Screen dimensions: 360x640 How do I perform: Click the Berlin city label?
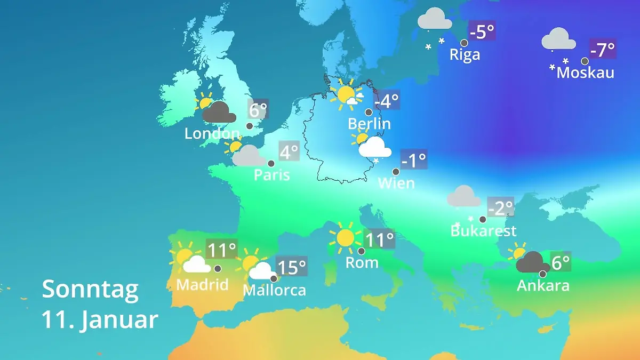tap(369, 124)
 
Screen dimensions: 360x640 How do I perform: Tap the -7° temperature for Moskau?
tap(602, 50)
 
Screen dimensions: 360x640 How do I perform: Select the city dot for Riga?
tap(465, 43)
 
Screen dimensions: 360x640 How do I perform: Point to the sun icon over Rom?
tap(345, 238)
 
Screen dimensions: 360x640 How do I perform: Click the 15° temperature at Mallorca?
tap(292, 267)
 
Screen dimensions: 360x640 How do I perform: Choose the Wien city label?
tap(396, 183)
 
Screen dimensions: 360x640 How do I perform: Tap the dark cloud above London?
tap(219, 113)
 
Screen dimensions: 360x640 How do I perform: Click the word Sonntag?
tap(90, 289)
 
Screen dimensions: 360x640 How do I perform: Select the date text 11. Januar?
tap(100, 319)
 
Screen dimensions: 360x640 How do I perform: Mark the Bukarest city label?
tap(483, 231)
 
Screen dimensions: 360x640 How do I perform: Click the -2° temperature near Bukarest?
tap(500, 207)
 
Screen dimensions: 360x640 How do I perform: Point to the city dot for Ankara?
tap(542, 274)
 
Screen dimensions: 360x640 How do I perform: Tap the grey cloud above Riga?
tap(435, 19)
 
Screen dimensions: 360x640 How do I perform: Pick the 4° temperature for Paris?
tap(289, 153)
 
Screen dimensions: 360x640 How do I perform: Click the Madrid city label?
tap(202, 284)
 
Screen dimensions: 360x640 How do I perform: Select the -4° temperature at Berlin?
tap(387, 101)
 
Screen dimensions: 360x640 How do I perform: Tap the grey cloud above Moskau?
tap(558, 39)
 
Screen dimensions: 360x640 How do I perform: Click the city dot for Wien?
tap(396, 172)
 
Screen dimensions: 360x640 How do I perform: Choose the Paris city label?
tap(272, 174)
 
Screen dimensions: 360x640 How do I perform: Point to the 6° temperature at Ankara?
tap(561, 262)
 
